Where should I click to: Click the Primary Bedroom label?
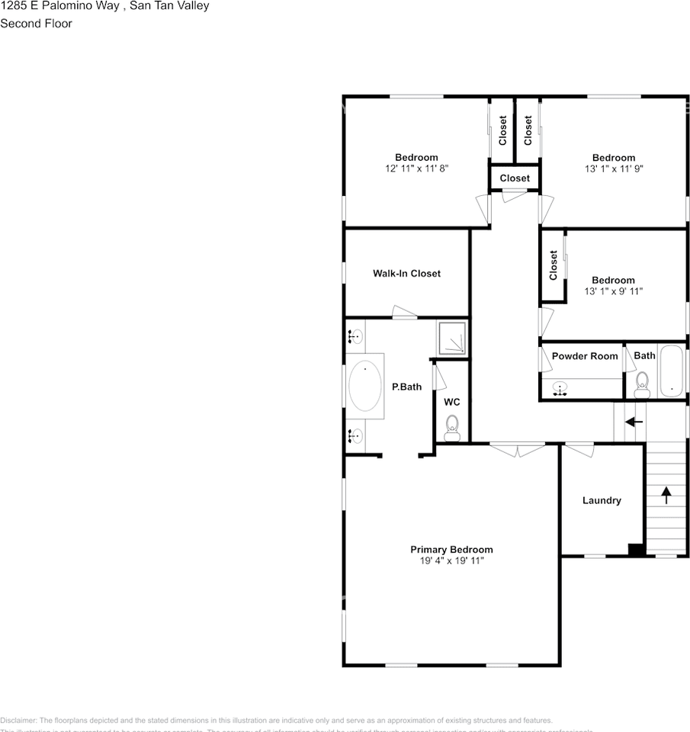(451, 550)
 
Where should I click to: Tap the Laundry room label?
(602, 501)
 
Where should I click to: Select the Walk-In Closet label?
(406, 274)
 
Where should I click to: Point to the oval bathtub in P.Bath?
(365, 387)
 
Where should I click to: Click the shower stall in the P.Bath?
(451, 337)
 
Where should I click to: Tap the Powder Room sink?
(560, 389)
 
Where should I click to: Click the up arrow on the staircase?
(666, 496)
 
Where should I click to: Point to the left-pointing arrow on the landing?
(634, 422)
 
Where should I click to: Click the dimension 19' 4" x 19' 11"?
(451, 561)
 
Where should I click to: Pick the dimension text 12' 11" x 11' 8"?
(416, 169)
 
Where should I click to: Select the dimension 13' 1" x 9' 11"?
(613, 291)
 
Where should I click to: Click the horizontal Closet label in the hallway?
(515, 178)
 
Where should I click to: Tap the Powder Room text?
(585, 356)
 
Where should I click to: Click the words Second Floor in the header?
(36, 24)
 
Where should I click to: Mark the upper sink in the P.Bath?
(355, 335)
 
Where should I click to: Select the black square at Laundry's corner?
(636, 548)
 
